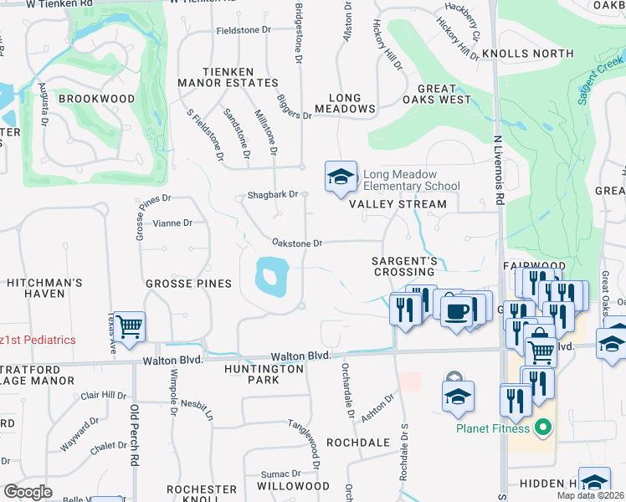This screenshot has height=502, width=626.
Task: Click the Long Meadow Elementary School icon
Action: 341,177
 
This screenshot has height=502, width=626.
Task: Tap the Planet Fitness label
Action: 493,429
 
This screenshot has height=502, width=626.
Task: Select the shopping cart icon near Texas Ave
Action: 130,328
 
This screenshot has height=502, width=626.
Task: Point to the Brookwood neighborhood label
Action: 96,99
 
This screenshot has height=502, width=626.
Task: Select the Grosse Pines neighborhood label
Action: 188,284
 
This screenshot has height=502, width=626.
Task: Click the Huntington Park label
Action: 264,373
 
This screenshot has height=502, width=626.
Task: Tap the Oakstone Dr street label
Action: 297,243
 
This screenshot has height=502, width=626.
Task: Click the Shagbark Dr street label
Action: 273,195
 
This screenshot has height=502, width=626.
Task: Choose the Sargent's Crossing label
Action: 405,267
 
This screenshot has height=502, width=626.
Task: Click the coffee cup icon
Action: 457,311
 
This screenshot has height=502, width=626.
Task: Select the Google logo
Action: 28,491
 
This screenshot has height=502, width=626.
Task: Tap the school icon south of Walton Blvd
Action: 459,399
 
